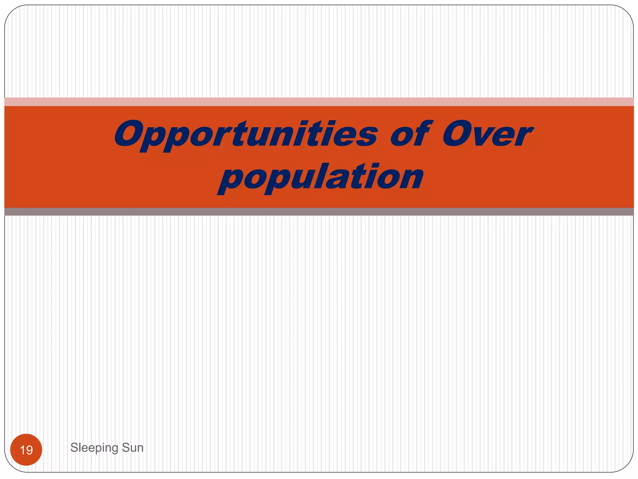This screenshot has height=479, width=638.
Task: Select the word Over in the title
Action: click(x=488, y=134)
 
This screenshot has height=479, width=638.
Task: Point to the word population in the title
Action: click(x=321, y=178)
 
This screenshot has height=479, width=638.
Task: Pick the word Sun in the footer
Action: click(x=133, y=448)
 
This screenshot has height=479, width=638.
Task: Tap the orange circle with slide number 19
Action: click(x=26, y=450)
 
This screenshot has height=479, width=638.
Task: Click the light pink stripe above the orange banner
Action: click(x=319, y=102)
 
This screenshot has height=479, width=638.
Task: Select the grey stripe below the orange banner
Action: click(x=319, y=212)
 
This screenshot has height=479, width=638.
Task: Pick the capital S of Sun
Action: click(x=125, y=448)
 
